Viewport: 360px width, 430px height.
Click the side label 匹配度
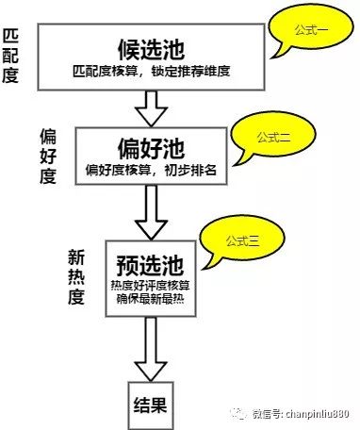tap(12, 56)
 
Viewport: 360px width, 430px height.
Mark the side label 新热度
tap(76, 277)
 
